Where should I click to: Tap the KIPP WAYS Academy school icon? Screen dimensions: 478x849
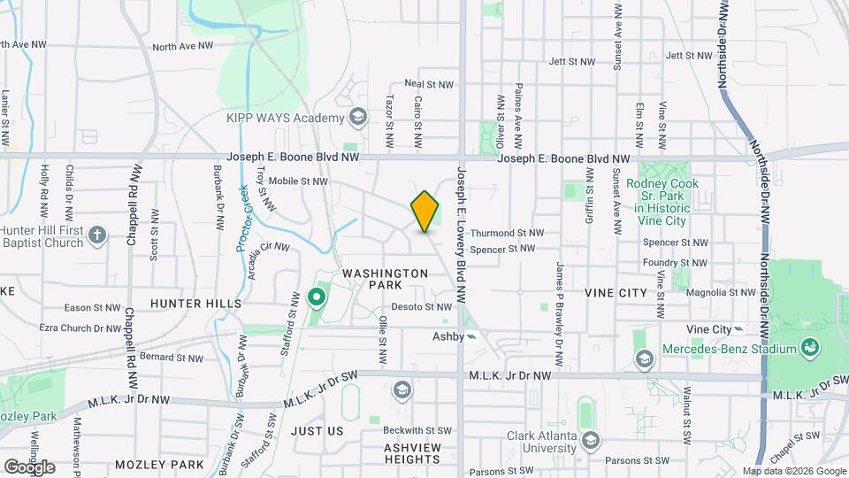coord(358,116)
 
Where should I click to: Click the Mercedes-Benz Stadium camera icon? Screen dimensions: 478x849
coord(809,349)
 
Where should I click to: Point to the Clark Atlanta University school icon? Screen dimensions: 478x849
coord(590,439)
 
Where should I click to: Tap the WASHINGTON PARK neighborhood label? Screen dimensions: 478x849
coord(386,279)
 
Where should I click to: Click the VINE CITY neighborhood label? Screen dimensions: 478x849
coord(611,291)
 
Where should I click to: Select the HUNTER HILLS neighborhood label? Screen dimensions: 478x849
coord(195,304)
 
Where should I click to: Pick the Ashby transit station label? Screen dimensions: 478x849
coord(448,336)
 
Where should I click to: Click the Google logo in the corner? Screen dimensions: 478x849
coord(29,466)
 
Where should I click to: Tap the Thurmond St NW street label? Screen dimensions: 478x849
coord(507,233)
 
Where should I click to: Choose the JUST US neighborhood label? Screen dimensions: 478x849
coord(317,431)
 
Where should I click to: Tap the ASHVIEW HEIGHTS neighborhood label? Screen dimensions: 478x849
coord(412,448)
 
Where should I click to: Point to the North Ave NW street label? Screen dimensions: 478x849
coord(183,46)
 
